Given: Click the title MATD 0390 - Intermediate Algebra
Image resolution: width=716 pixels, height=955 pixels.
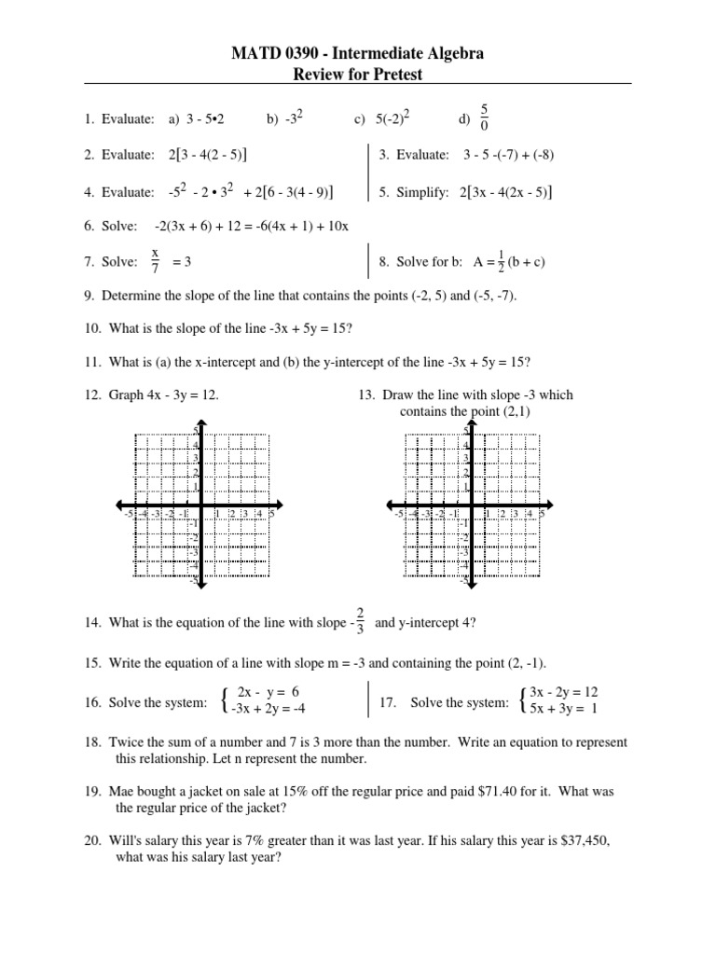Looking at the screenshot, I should [357, 55].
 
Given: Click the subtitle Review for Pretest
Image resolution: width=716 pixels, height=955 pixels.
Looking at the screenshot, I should [357, 74].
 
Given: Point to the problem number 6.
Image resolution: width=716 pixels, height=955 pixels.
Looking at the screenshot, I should [89, 227].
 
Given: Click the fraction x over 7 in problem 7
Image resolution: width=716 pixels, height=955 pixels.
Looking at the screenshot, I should [155, 262].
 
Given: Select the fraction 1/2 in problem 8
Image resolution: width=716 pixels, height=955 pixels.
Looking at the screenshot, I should [478, 262].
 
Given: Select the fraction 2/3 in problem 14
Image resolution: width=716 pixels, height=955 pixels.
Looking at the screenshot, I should [361, 622].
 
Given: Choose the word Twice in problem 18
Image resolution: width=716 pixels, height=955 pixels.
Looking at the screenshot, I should [125, 742].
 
